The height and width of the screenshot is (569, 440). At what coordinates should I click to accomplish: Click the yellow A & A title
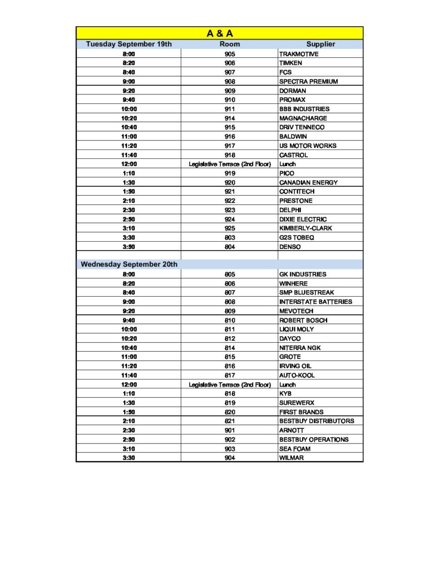pos(220,33)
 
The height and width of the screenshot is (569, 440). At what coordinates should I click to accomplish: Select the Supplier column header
pos(320,44)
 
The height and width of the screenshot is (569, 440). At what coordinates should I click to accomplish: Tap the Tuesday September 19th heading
pos(128,44)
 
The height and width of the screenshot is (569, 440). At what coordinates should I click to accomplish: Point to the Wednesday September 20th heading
pos(129,264)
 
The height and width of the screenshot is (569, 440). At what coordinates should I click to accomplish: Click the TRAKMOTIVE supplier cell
pos(299,54)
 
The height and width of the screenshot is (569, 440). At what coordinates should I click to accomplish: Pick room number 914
pos(230,118)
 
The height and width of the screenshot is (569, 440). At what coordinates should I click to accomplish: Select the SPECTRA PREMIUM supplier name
pos(308,82)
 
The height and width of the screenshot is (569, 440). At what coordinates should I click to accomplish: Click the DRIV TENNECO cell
pos(301,127)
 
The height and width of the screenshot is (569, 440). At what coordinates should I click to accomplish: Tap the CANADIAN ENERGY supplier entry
pos(308,182)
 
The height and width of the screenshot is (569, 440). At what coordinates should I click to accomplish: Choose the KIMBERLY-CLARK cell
pos(306,228)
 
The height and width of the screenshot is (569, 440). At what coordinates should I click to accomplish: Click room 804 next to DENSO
pos(230,247)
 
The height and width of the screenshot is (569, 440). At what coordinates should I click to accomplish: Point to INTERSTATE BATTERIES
pos(315,302)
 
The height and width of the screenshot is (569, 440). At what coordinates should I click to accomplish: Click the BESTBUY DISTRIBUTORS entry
pos(317,421)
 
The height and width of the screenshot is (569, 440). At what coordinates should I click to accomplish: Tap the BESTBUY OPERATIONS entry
pos(314,440)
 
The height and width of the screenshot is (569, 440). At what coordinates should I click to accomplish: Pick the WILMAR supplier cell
pos(291,458)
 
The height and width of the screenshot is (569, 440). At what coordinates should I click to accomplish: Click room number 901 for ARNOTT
pos(230,430)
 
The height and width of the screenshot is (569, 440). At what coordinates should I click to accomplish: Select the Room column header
pos(230,44)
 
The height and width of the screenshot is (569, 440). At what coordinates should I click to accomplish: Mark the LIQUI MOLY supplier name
pos(296,330)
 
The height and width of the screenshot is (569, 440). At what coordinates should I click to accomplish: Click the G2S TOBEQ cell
pos(296,237)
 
